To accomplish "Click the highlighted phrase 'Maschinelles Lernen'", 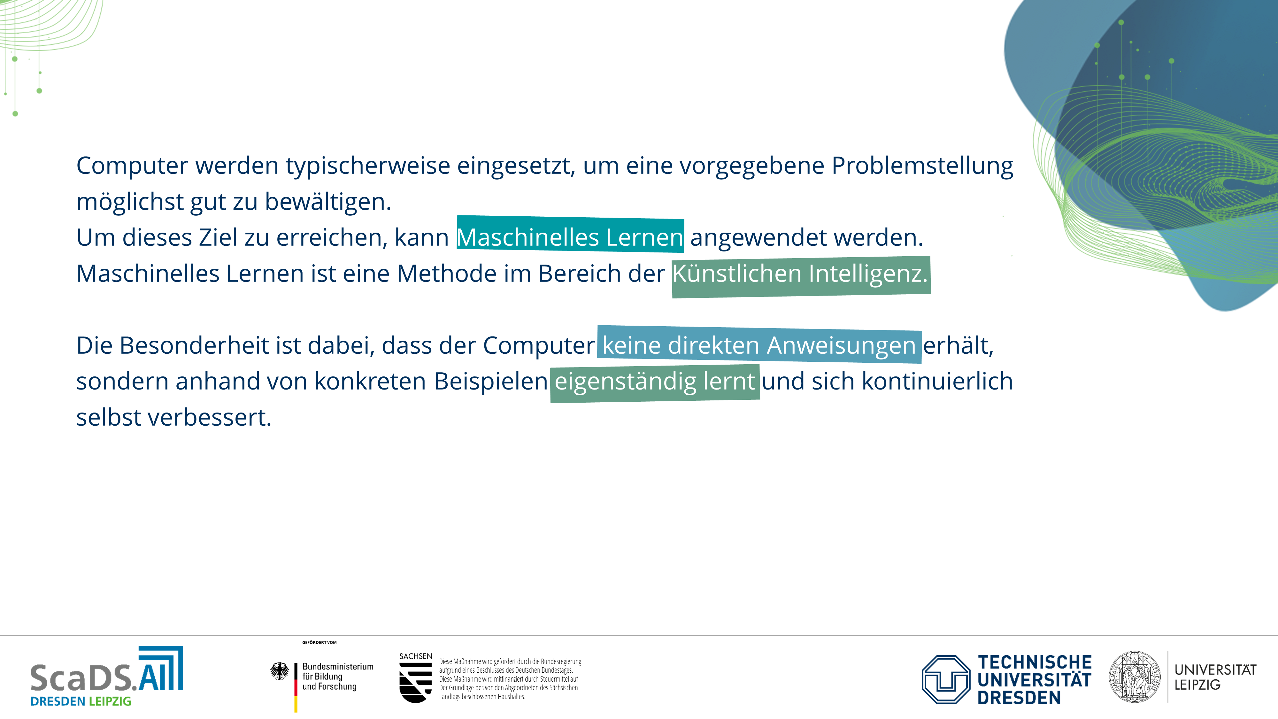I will [570, 237].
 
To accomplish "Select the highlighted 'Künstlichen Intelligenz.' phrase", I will [800, 274].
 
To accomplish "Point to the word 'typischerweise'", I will [368, 166].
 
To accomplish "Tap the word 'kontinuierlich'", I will [937, 381].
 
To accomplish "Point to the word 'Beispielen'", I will [491, 381].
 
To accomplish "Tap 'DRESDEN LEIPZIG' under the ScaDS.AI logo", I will [81, 701].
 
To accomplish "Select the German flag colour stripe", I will [296, 687].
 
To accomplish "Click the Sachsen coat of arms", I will [415, 682].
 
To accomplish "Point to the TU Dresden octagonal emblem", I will [946, 679].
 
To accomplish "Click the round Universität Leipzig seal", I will [1135, 677].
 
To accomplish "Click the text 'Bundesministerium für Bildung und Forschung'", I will [337, 676].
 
